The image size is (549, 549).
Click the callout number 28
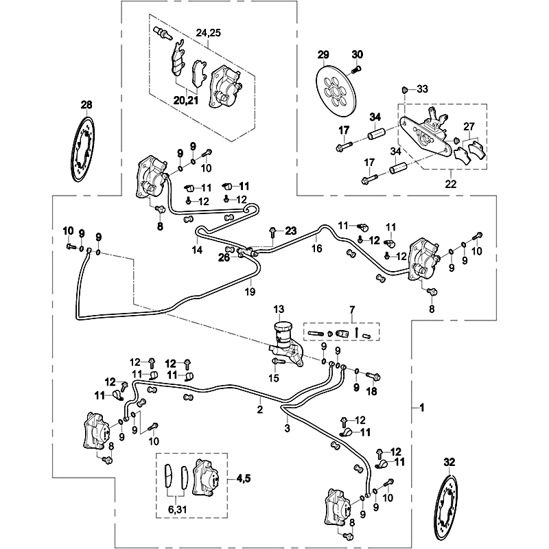point(86,105)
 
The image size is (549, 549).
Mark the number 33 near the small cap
point(422,89)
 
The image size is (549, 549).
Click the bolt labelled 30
point(356,68)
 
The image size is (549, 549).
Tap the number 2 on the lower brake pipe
point(260,410)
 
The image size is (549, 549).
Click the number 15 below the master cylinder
point(274,378)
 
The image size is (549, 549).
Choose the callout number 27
point(468,126)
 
